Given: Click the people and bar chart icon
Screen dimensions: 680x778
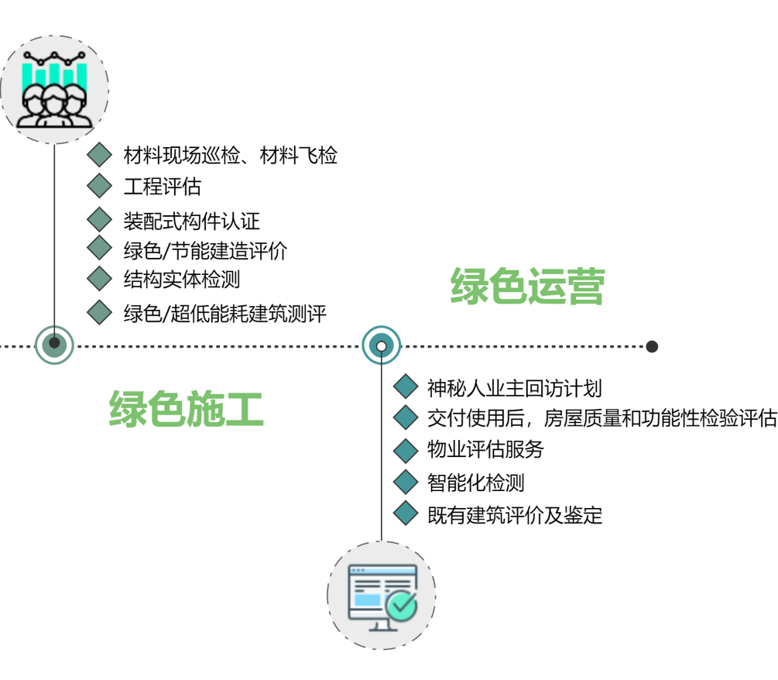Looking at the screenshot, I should [54, 89].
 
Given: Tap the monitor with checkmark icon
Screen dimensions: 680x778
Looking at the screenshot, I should [381, 596].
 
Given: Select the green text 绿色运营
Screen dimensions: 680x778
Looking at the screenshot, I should [527, 286].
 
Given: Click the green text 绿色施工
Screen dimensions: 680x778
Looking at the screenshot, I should [187, 409].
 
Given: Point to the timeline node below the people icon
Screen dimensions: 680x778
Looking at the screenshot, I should [54, 344].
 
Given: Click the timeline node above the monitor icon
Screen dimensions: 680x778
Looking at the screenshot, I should [381, 345].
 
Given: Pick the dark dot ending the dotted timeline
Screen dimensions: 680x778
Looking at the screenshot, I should [652, 346].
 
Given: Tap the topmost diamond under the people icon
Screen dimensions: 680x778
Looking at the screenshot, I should [99, 155].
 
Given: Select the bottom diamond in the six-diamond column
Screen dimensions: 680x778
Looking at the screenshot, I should [99, 312].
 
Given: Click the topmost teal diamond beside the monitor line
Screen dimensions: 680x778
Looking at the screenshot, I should [406, 386].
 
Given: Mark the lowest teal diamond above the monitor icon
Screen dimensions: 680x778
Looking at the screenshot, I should [406, 513].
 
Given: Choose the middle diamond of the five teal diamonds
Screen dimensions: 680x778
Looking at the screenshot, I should [406, 451].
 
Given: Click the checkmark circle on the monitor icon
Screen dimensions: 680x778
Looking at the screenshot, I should [402, 606].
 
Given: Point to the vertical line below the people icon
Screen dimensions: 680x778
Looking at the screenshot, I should [54, 232].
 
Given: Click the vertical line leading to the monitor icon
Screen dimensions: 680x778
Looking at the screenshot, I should [381, 457].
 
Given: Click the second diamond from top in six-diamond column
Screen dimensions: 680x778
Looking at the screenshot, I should [99, 186].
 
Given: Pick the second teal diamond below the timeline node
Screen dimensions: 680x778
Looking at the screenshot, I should [406, 418].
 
